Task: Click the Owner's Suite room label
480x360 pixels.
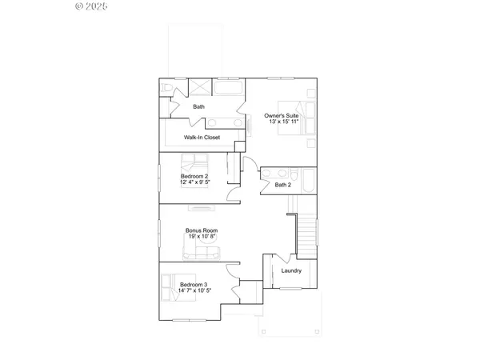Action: (282, 115)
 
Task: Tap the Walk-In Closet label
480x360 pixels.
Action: (202, 138)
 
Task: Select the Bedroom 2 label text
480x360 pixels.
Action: (194, 176)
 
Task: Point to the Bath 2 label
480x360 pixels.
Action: (283, 185)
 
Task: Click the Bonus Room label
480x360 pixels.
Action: (202, 230)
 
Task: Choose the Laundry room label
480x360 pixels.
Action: (291, 270)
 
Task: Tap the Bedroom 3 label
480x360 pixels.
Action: (194, 285)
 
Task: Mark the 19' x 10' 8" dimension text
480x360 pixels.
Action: (202, 236)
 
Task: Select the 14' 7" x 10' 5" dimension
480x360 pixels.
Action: (194, 291)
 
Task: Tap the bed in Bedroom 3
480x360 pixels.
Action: (170, 286)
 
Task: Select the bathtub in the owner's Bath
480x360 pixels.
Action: (230, 87)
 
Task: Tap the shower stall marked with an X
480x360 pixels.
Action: (200, 87)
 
